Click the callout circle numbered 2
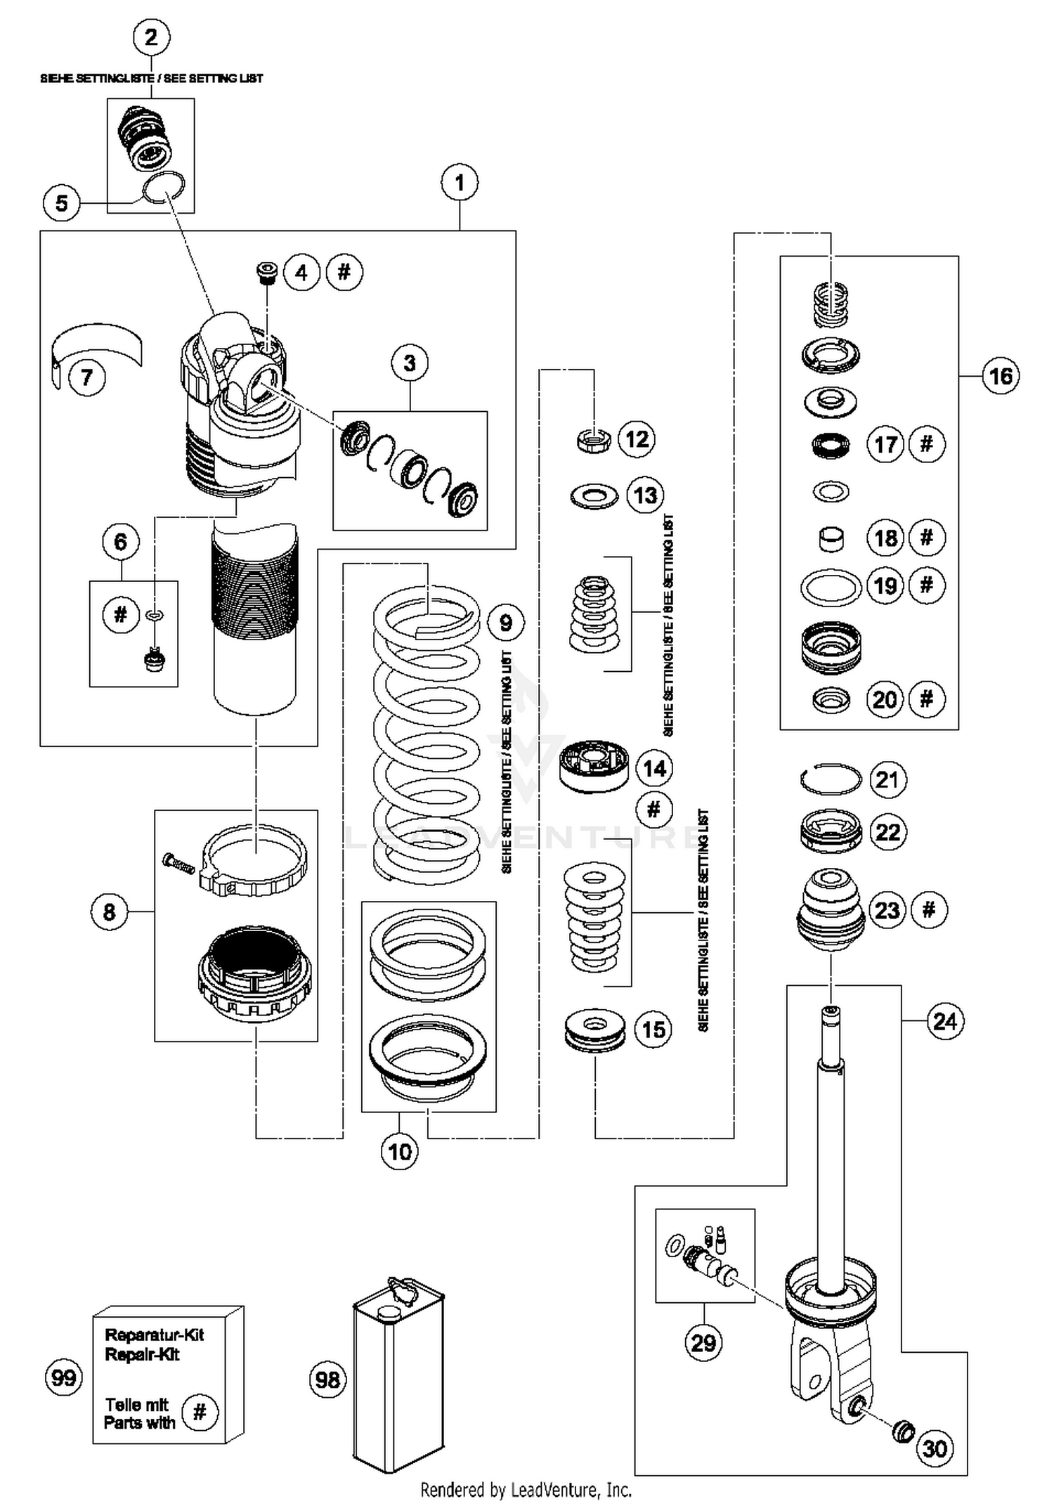(151, 37)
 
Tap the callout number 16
(1000, 376)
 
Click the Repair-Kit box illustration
(169, 1377)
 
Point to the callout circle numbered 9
(506, 622)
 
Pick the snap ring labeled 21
(831, 779)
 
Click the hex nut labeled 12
(594, 441)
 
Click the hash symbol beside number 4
(344, 272)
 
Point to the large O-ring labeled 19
(831, 587)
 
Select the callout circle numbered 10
(400, 1151)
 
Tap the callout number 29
(703, 1343)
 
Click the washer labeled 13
(594, 496)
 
